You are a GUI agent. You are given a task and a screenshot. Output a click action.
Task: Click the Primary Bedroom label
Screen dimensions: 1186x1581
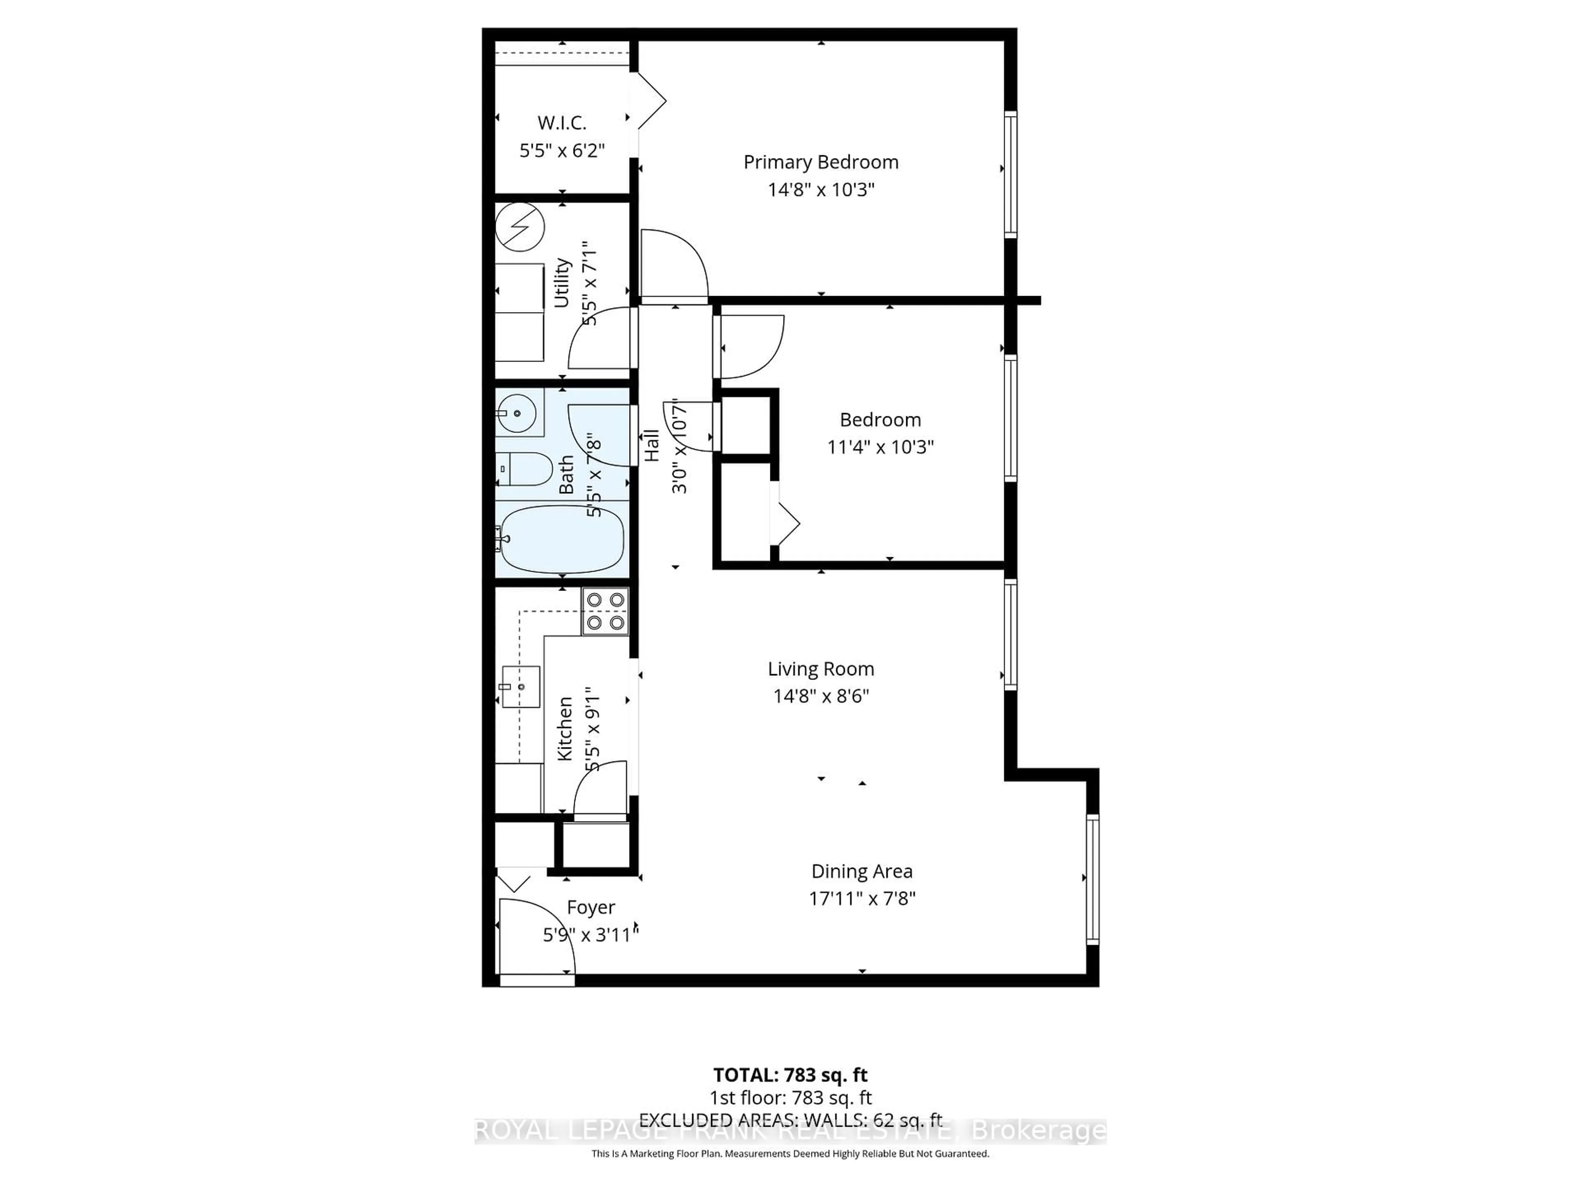coord(821,162)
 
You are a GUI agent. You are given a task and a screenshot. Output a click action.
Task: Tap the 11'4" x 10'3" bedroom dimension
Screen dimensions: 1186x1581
coord(880,447)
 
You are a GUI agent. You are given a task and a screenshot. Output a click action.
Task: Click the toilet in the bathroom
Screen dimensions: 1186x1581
coord(523,469)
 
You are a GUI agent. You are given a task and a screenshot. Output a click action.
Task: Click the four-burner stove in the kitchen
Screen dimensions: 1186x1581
coord(605,611)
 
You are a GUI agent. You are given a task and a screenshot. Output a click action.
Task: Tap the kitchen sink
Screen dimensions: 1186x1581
coord(521,686)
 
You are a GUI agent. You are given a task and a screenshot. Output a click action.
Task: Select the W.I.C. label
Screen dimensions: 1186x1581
coord(562,123)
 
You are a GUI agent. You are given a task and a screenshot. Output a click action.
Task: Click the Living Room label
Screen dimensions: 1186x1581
coord(821,669)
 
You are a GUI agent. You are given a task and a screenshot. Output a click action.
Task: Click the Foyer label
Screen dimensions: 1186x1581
coord(590,907)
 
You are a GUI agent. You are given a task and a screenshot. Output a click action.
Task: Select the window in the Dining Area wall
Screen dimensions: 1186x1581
coord(1092,879)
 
